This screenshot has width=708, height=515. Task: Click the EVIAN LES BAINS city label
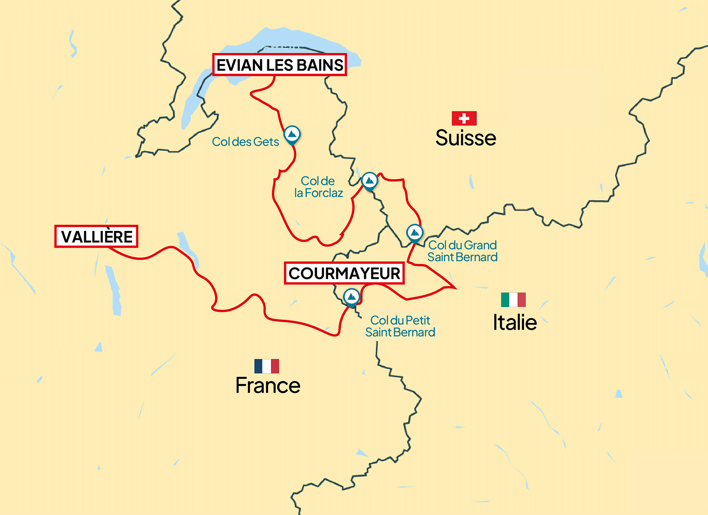[x=279, y=65]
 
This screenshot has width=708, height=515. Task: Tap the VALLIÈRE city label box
[x=96, y=237]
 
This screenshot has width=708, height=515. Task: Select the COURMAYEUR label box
[x=344, y=273]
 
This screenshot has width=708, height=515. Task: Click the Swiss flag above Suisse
[x=464, y=118]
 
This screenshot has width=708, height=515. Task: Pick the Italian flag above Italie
[x=513, y=300]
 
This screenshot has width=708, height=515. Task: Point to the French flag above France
[x=266, y=366]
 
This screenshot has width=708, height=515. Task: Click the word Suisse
[x=466, y=138]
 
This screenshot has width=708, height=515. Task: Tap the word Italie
[x=515, y=323]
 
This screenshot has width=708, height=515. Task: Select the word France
[x=268, y=385]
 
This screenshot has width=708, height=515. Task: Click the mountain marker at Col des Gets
[x=292, y=134]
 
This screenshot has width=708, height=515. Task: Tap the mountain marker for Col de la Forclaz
[x=369, y=181]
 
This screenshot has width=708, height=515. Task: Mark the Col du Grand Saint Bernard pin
[x=415, y=233]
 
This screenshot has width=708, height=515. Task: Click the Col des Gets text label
[x=246, y=142]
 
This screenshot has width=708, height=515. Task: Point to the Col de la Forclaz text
[x=319, y=187]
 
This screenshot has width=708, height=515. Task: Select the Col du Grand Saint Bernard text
[x=462, y=251]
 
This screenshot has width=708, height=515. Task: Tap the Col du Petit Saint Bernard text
[x=400, y=326]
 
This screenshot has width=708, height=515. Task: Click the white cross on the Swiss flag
[x=464, y=118]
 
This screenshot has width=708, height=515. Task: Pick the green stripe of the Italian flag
[x=505, y=300]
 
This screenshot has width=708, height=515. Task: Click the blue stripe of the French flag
[x=258, y=366]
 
